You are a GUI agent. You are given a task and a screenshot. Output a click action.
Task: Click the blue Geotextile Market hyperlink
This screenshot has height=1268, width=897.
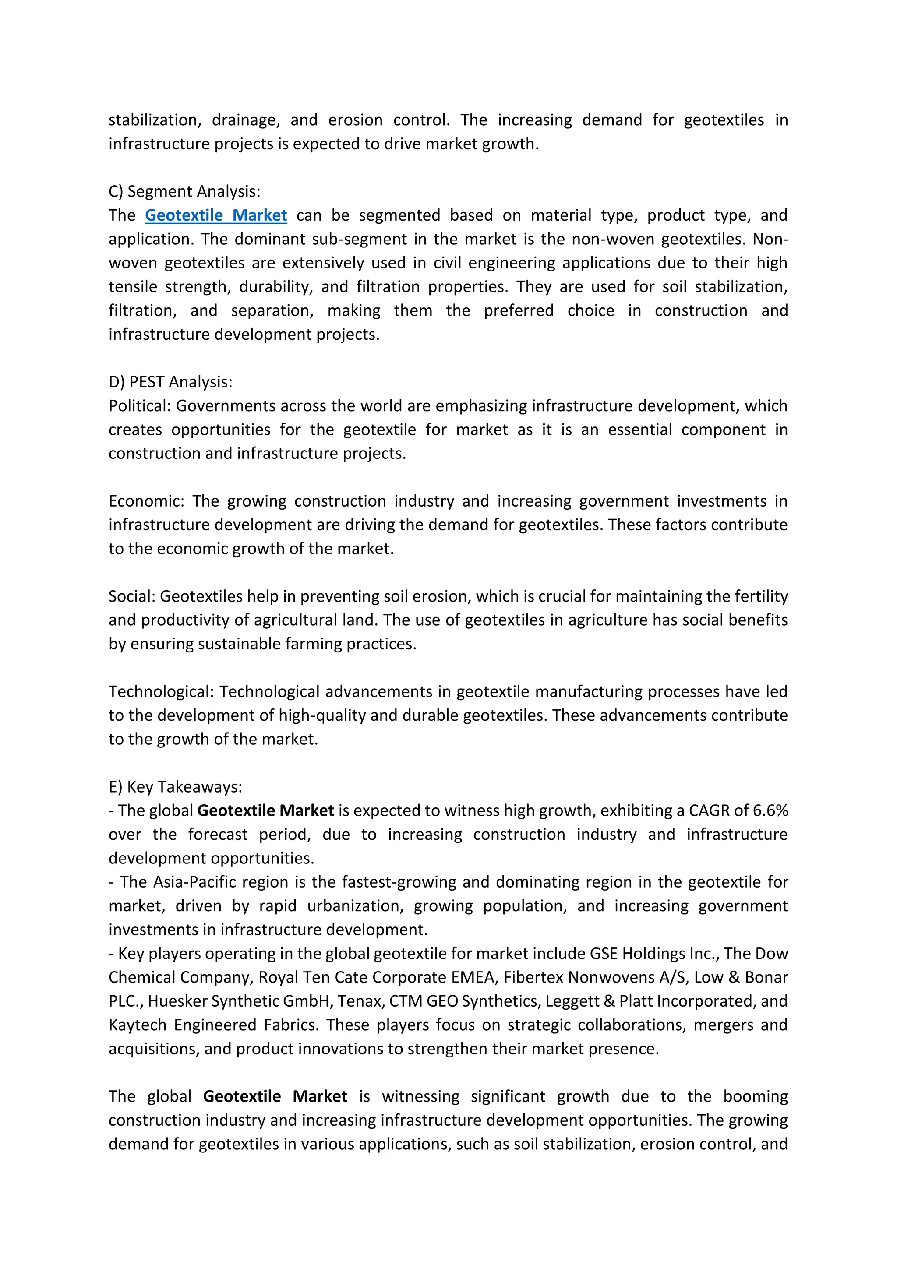pos(216,215)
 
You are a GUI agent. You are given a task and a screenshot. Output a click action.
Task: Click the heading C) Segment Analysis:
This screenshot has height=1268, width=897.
pos(184,192)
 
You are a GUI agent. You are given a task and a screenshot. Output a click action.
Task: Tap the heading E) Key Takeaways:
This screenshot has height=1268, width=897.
pos(175,787)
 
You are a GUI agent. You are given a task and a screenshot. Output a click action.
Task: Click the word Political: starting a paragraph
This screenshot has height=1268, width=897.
pos(140,406)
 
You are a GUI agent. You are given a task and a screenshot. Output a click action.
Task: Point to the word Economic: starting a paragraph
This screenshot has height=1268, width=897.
pos(146,501)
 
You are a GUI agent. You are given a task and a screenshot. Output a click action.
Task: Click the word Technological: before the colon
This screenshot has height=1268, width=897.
pos(159,692)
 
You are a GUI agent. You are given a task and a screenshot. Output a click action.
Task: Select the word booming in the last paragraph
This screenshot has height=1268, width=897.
pos(755,1096)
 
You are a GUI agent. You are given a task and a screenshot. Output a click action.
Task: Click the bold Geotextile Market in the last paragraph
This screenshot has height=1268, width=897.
pos(275,1096)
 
